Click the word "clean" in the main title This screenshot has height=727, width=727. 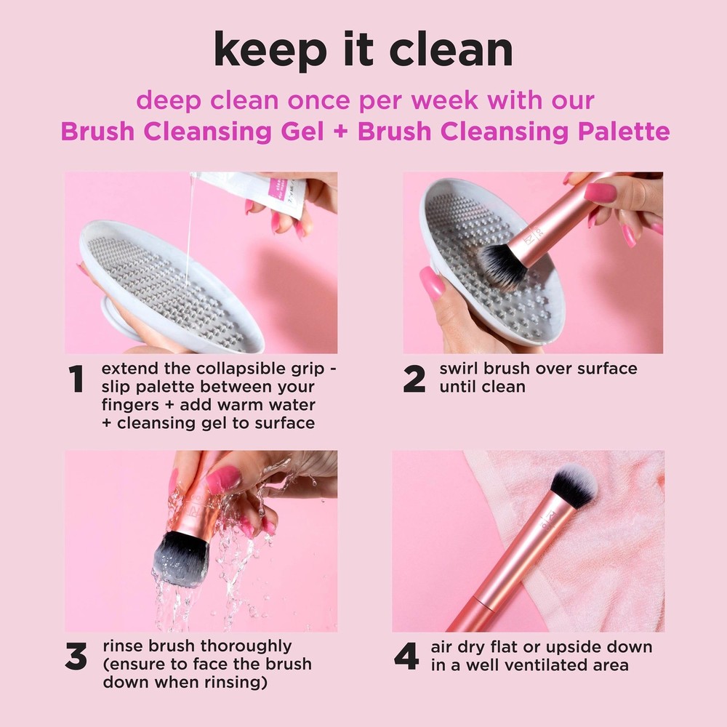point(451,51)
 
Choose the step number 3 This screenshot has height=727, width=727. point(76,657)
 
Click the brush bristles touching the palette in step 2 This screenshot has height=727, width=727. point(501,264)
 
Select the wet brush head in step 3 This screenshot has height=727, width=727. point(180,558)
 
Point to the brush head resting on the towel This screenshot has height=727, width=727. point(574,485)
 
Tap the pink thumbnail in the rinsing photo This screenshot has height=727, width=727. point(222,480)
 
